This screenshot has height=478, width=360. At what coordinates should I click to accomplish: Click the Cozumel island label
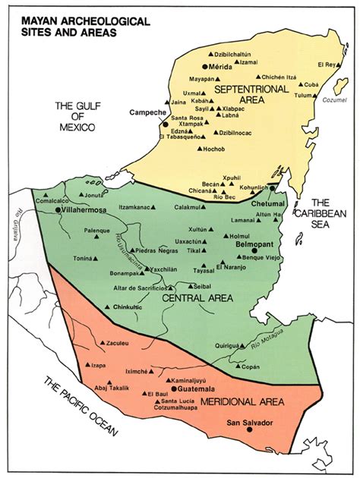[336, 100]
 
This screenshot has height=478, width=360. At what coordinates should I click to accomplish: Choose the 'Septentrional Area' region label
[251, 94]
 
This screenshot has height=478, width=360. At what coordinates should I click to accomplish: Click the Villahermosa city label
[89, 206]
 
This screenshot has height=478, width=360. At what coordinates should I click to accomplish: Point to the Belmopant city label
[245, 247]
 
